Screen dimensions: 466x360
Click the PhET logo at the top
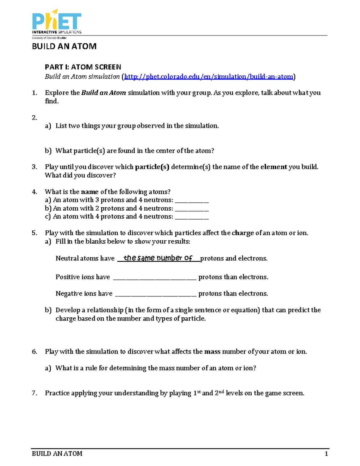[56, 22]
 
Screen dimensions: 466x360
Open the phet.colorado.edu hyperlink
[208, 77]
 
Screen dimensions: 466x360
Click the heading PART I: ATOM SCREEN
[83, 67]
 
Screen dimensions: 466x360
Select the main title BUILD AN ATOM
[64, 47]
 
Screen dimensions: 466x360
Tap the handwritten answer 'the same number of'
[158, 258]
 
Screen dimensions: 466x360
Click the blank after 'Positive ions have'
[154, 278]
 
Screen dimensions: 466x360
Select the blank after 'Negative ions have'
[156, 294]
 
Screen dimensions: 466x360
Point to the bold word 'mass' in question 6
[212, 352]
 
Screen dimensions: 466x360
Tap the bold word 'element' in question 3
[274, 167]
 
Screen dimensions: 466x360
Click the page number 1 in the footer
[326, 454]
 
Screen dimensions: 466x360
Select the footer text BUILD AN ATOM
[57, 454]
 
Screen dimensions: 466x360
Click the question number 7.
[34, 393]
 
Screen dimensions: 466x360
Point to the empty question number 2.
[34, 118]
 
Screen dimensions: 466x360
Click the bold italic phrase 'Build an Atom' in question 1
[103, 93]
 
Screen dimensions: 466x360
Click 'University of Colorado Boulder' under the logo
[49, 38]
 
